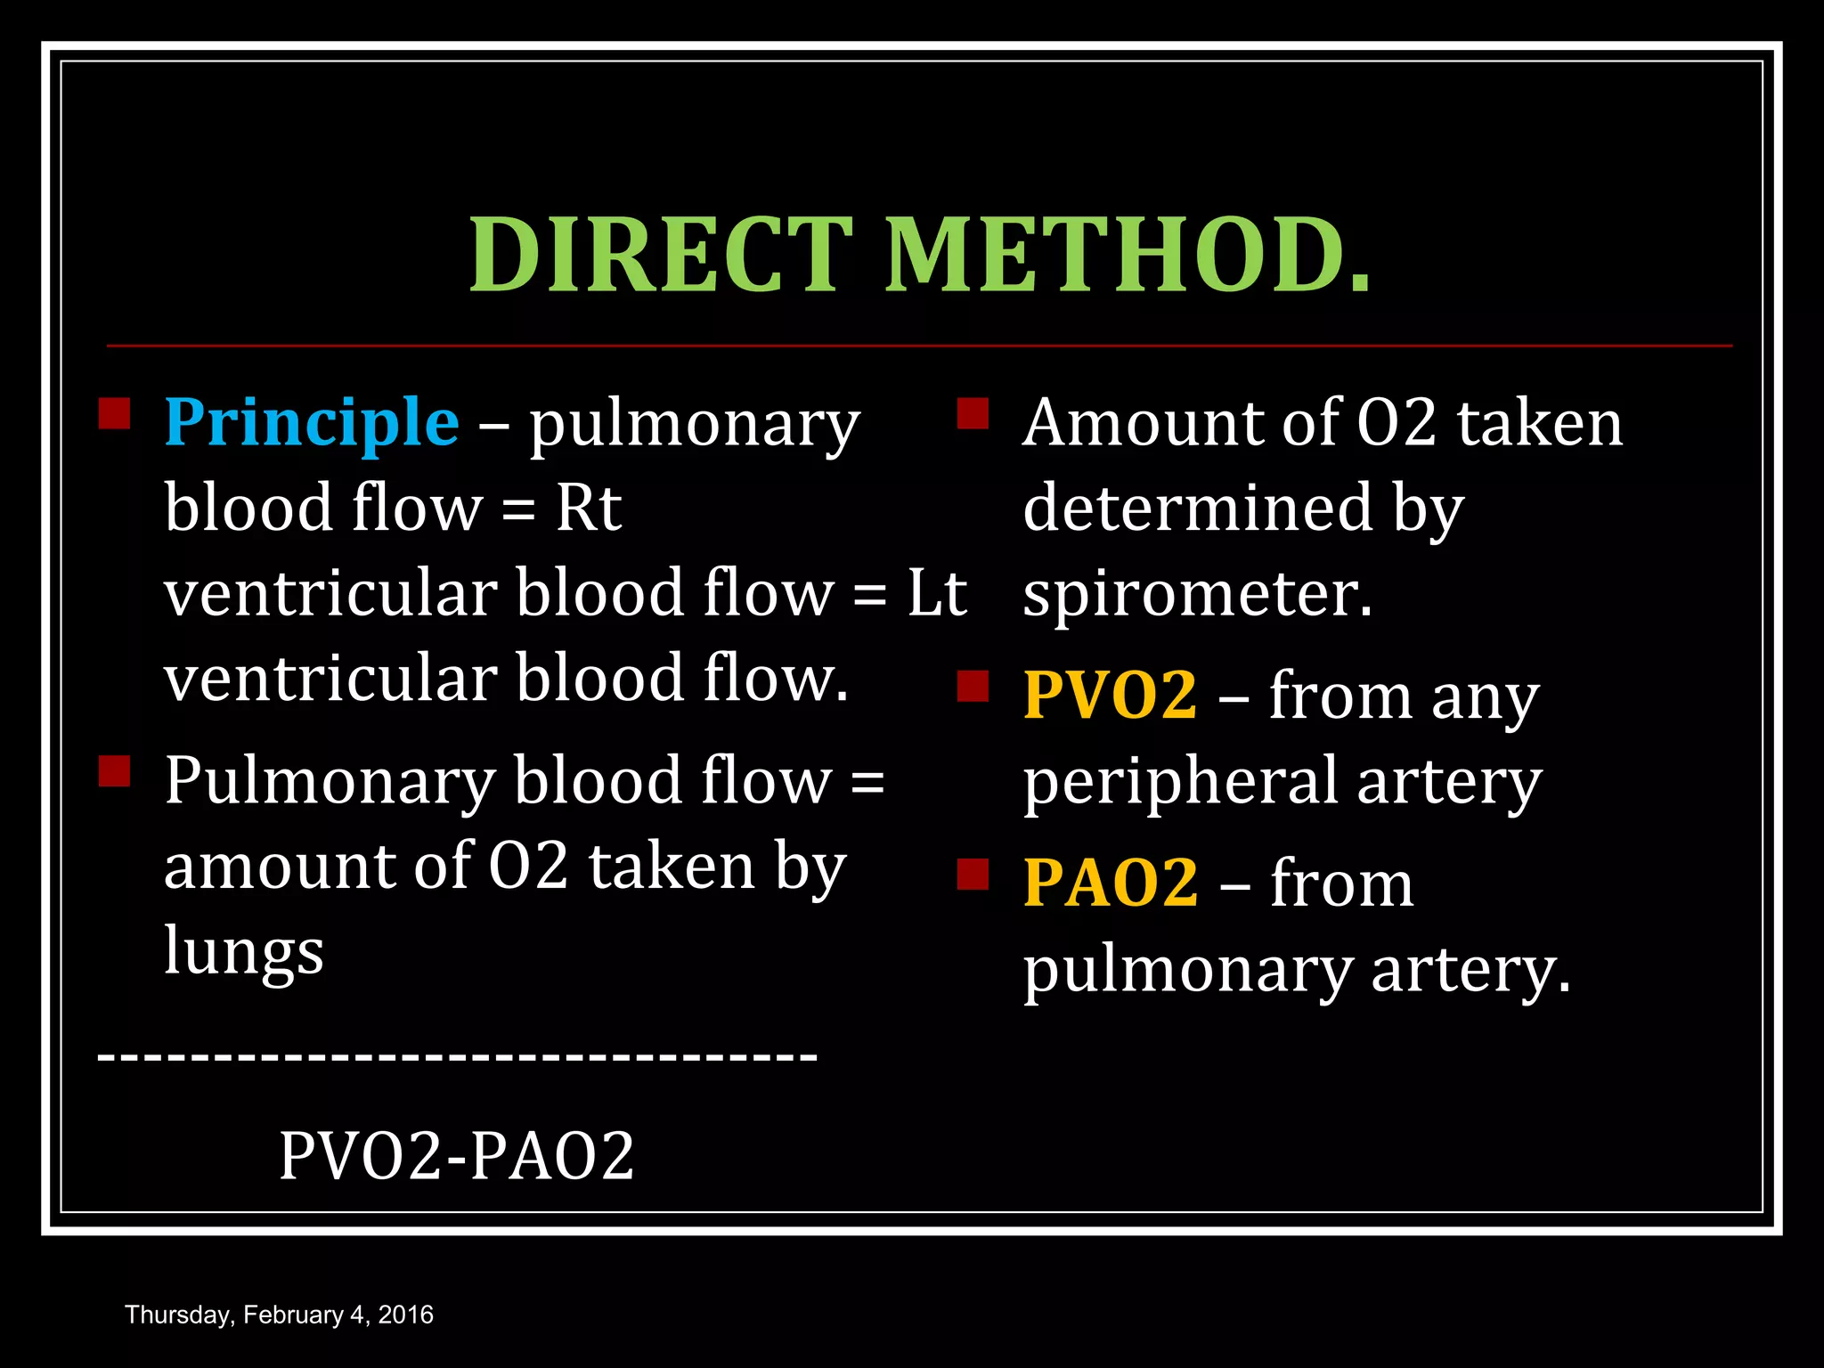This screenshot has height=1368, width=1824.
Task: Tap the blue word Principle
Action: [x=312, y=422]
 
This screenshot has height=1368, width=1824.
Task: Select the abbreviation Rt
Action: [x=588, y=509]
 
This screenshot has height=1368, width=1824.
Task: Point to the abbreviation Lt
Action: [x=937, y=593]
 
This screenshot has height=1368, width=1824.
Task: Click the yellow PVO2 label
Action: [x=1110, y=696]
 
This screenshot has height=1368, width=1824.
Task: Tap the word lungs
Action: [x=244, y=952]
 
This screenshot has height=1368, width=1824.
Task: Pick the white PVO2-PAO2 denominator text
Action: [x=456, y=1156]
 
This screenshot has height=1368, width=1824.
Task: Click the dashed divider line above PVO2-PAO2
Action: [x=456, y=1057]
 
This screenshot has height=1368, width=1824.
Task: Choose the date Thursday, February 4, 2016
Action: [x=279, y=1315]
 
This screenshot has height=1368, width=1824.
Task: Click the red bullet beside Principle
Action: [x=114, y=413]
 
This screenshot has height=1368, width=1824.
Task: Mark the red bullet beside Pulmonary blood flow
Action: [x=114, y=771]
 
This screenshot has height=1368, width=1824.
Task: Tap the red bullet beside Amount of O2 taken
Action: [x=973, y=413]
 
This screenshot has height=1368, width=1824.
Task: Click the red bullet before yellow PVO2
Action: [x=973, y=687]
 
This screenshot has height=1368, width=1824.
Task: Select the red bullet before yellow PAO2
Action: [x=973, y=875]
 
